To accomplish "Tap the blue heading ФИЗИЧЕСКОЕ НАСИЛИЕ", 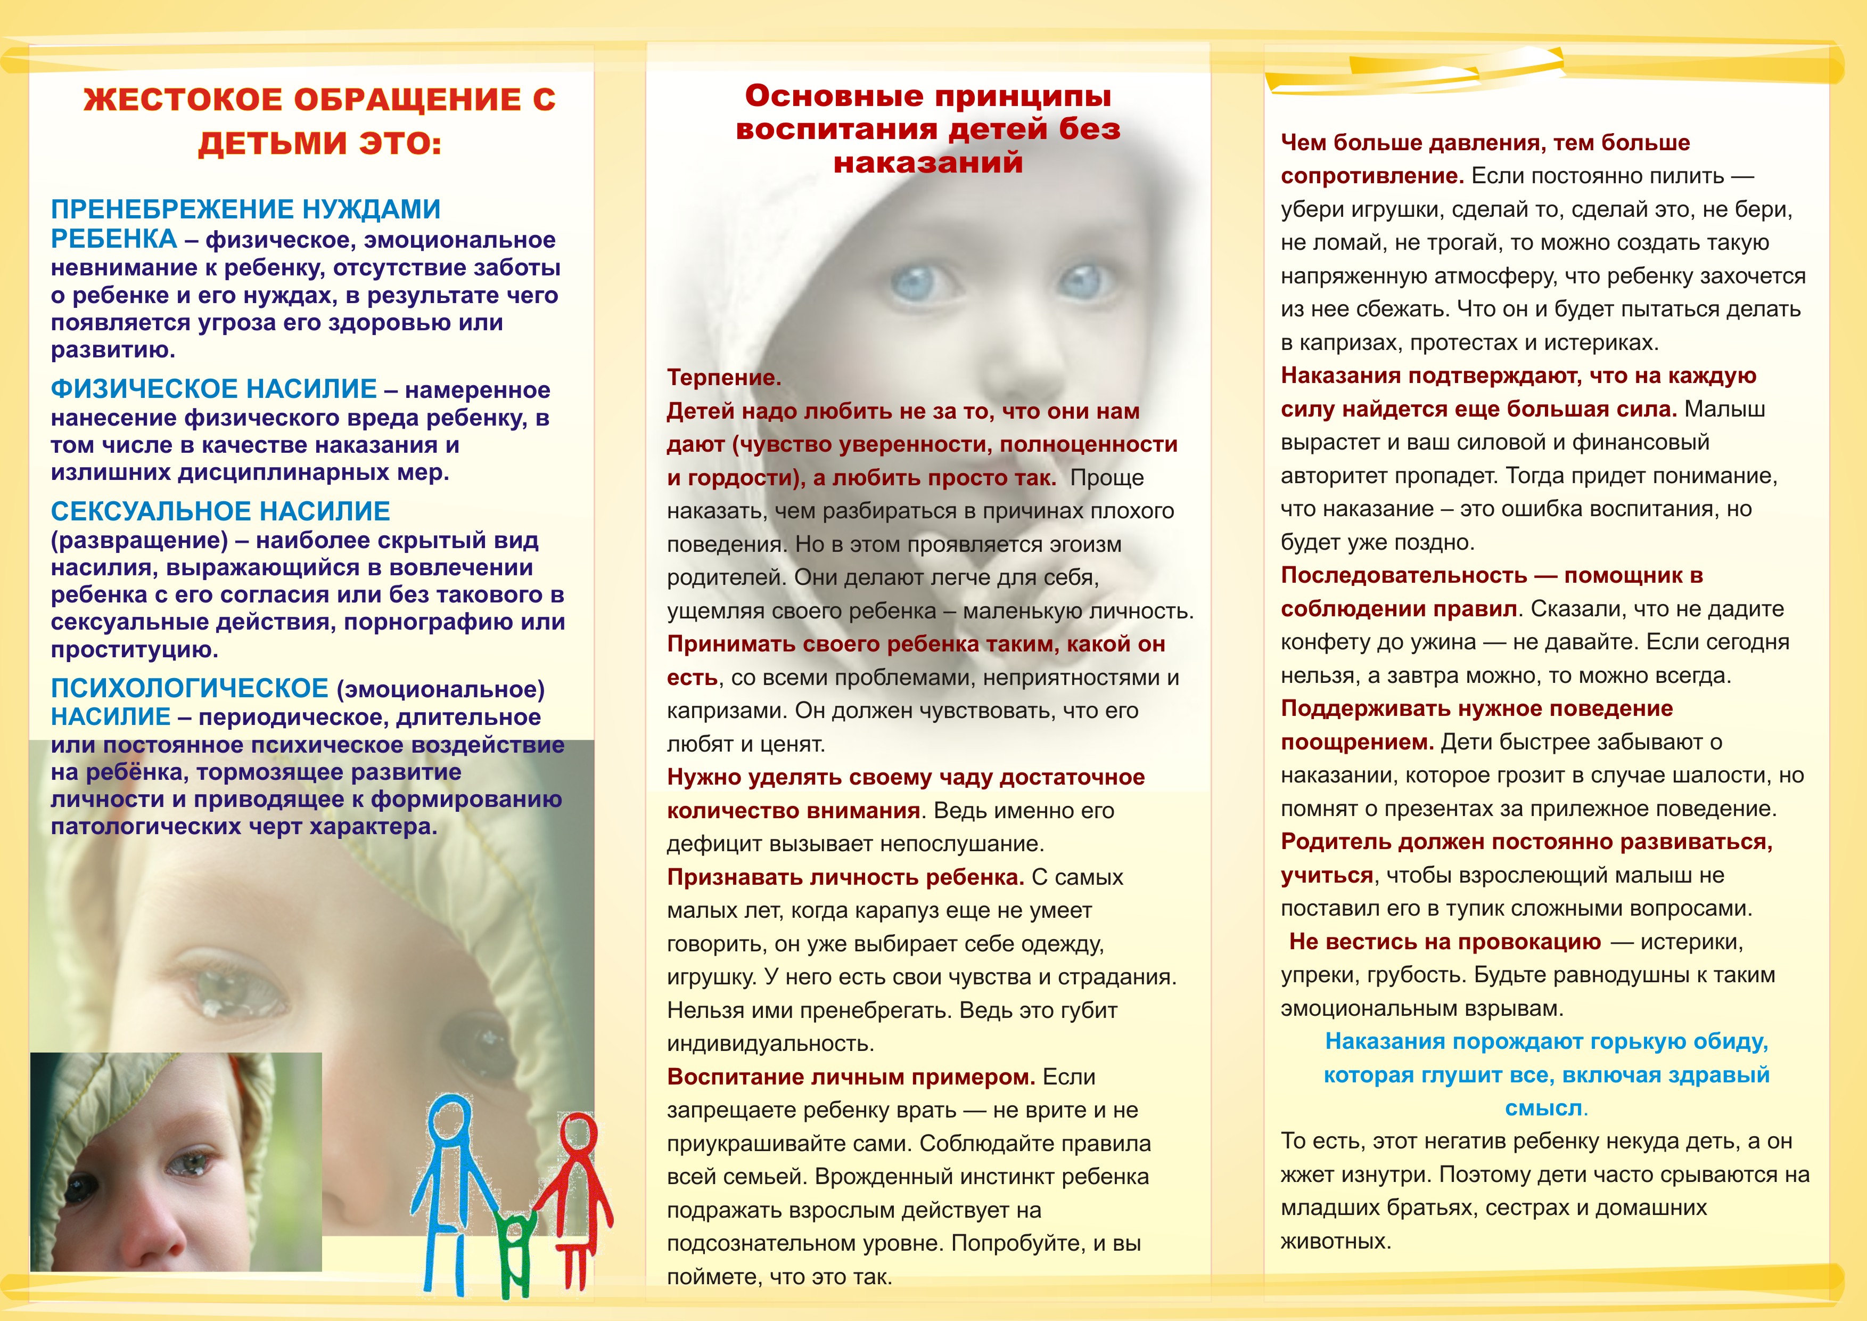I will point(213,389).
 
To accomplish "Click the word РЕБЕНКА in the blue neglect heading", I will point(114,239).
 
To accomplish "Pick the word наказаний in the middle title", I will point(928,162).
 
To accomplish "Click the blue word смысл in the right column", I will point(1543,1108).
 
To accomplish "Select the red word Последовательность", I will point(1403,575).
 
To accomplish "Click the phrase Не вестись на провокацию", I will point(1445,941).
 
